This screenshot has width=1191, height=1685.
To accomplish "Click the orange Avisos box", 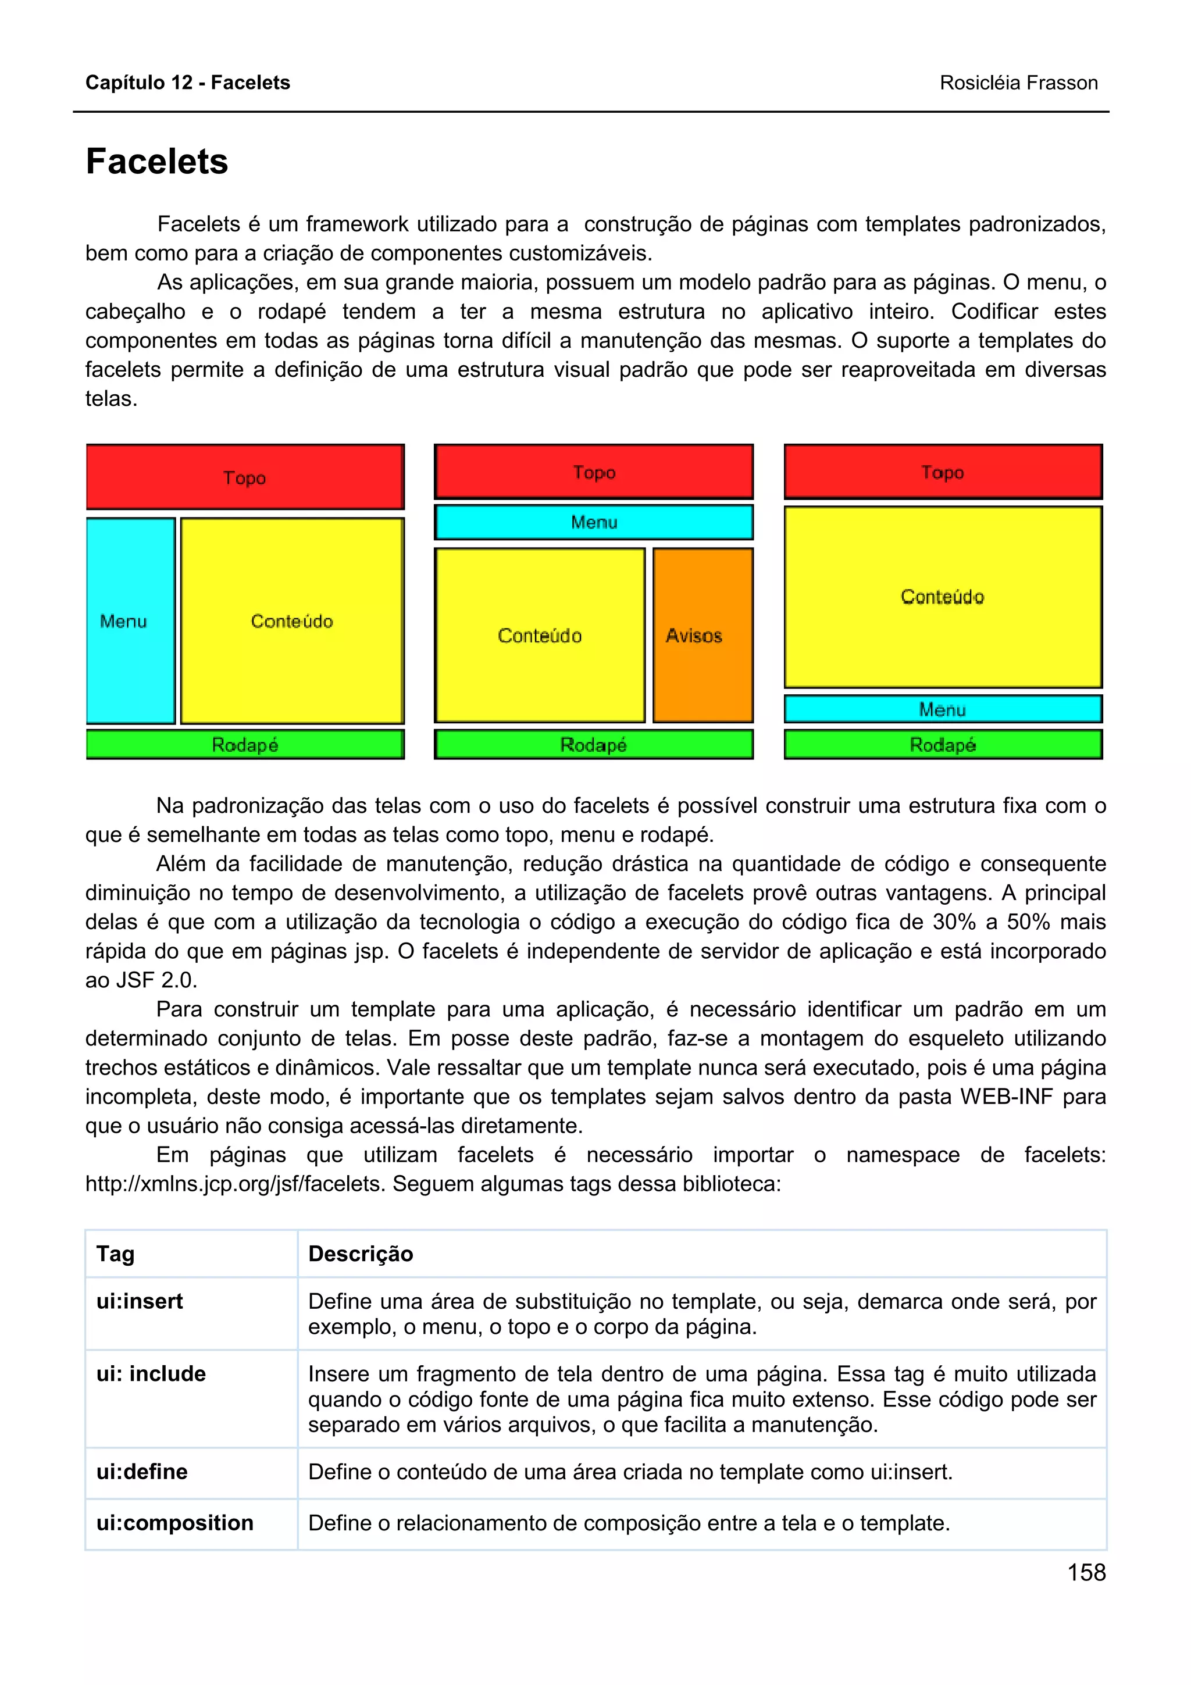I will [703, 635].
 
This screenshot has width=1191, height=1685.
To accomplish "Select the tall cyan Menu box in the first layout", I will [131, 620].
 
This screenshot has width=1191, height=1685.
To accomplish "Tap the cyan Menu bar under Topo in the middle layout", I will [593, 522].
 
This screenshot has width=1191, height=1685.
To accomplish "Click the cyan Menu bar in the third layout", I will [942, 709].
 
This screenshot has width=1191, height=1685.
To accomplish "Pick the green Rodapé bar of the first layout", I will [245, 744].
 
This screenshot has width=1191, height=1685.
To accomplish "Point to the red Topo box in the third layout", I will [942, 472].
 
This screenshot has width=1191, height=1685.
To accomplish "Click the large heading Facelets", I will [157, 162].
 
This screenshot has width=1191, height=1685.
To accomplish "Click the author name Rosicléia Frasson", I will [1018, 83].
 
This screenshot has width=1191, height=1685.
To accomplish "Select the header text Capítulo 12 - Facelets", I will [188, 83].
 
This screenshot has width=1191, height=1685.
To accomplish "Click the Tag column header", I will [116, 1254].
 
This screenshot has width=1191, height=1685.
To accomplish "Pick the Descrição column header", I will [361, 1254].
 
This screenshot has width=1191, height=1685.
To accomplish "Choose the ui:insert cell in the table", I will [140, 1302].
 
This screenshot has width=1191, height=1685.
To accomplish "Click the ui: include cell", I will [151, 1374].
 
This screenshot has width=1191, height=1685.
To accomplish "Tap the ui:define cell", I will [142, 1472].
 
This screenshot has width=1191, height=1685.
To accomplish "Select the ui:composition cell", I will [174, 1523].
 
